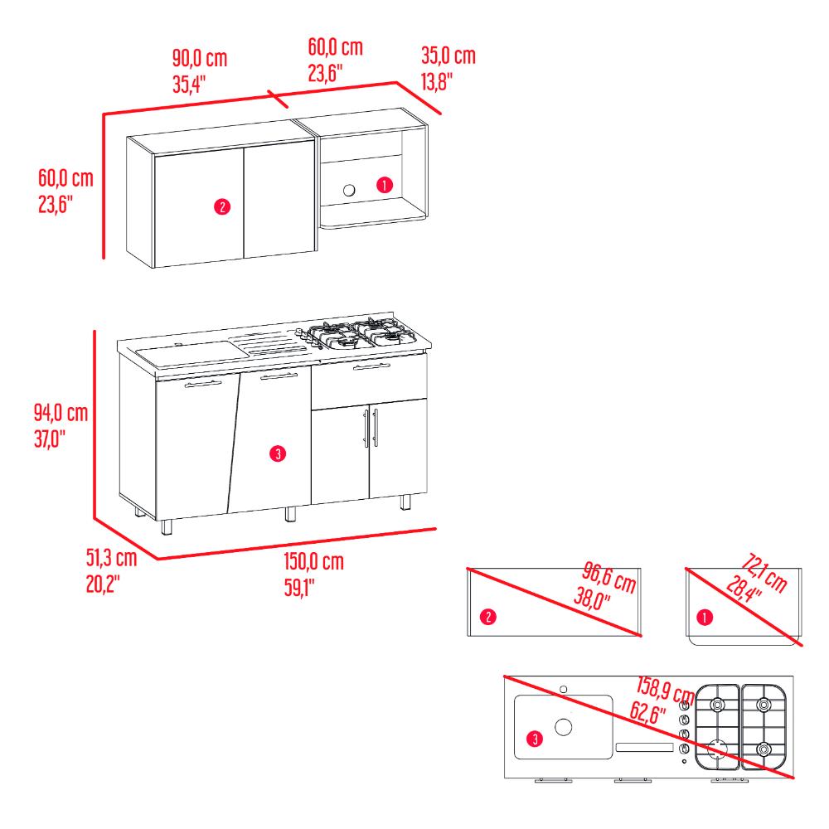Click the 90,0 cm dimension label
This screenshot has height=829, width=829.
(200, 58)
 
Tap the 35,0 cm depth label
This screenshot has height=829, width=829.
(448, 56)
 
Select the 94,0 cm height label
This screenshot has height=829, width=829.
(61, 412)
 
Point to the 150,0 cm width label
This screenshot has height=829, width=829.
(314, 561)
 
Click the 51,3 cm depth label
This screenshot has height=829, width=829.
(112, 558)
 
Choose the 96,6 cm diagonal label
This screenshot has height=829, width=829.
(609, 577)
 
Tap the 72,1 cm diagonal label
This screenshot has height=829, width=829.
(764, 573)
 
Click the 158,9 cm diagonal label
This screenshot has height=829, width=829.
(665, 690)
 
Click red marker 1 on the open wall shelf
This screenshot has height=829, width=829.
(385, 185)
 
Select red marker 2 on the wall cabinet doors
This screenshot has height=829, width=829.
(222, 206)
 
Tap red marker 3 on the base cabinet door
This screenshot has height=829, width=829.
(278, 453)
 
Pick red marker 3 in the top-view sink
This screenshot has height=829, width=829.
(535, 739)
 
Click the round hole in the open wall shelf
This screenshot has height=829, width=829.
(349, 190)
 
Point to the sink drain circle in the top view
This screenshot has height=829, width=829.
(563, 727)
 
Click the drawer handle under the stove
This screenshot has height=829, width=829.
(371, 366)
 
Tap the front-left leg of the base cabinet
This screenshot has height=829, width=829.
(167, 527)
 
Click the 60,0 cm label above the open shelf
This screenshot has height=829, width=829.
(336, 47)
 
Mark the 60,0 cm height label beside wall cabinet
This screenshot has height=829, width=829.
(65, 178)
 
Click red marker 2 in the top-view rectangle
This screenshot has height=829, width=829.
(488, 617)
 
